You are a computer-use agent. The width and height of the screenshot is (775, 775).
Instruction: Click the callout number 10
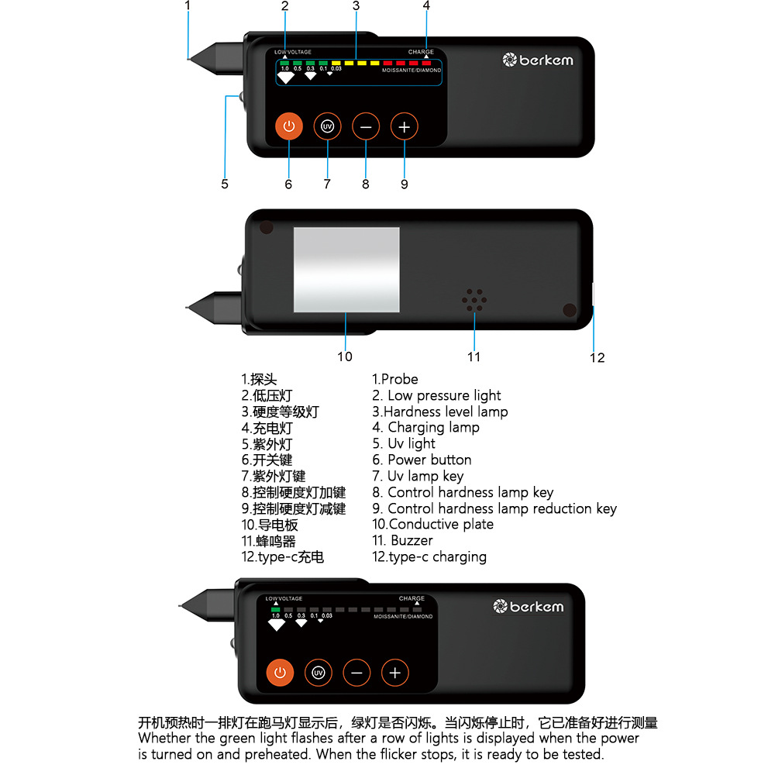pos(345,356)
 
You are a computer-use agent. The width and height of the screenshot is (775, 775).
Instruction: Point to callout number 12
pos(597,357)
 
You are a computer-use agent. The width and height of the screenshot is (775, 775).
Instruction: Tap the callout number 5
pos(225,184)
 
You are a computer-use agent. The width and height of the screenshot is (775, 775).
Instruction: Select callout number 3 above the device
pos(356,5)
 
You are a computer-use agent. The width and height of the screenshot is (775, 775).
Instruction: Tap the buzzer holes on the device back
pos(474,301)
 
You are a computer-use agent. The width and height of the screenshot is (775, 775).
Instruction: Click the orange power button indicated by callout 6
pos(288,126)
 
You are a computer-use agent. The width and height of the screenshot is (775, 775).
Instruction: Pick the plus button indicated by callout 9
pos(404,126)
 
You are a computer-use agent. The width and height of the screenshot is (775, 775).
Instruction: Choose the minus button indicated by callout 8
pos(366,126)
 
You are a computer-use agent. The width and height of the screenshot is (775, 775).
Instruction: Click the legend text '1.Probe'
pos(395,379)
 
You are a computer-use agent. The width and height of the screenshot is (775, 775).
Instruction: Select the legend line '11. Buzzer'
pos(403,540)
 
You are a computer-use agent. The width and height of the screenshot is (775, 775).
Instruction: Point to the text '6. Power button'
pos(422,460)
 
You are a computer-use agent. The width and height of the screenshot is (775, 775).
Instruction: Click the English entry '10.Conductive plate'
pos(432,524)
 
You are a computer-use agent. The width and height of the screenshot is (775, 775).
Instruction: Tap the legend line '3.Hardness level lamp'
pos(440,412)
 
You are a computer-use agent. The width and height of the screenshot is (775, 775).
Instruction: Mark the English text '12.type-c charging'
pos(429,556)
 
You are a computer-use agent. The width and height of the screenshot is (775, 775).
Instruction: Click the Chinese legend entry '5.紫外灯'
pos(267,444)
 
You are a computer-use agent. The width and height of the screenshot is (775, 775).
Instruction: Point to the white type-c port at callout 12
pos(592,295)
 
